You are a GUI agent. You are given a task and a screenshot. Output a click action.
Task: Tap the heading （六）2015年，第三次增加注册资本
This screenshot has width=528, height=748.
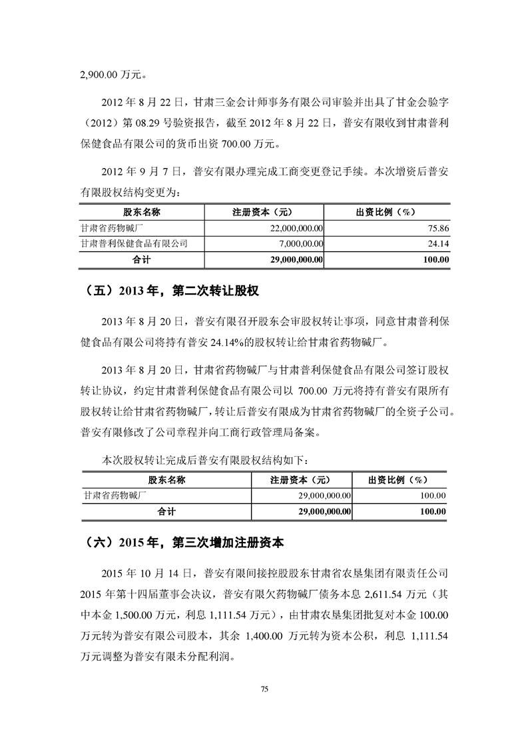point(186,543)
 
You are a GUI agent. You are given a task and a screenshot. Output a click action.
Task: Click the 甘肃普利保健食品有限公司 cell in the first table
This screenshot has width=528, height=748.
point(133,244)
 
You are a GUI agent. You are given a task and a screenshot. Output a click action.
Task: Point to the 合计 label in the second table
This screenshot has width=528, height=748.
point(166,511)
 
